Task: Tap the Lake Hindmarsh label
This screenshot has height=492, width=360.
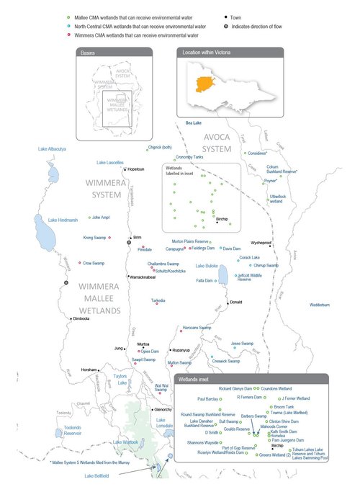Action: click(x=62, y=220)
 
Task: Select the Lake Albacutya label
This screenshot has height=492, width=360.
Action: click(x=52, y=149)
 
